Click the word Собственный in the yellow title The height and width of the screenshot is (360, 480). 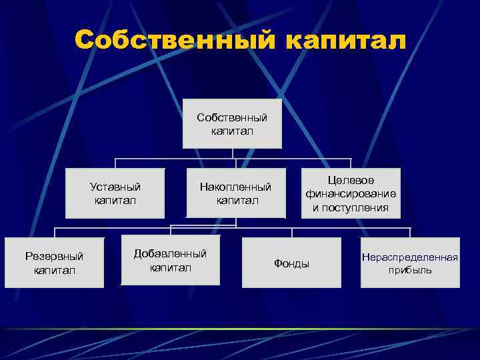174,40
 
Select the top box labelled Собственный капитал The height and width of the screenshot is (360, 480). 232,124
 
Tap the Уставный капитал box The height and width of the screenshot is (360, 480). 115,193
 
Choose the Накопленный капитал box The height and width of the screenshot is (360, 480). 235,193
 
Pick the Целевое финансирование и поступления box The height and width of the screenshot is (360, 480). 351,193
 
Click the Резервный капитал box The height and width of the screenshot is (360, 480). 54,263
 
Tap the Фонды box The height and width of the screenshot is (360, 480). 291,263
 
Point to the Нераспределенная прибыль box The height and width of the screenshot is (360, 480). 410,263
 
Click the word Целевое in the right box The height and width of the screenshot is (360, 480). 351,181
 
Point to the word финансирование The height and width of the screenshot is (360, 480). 351,193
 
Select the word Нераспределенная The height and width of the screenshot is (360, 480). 410,257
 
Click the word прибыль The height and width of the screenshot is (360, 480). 410,270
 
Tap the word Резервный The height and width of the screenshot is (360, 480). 54,256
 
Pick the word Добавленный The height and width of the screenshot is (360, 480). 170,254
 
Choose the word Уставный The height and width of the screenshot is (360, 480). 115,187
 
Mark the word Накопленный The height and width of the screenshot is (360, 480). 235,187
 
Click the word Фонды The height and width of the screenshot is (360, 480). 291,263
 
